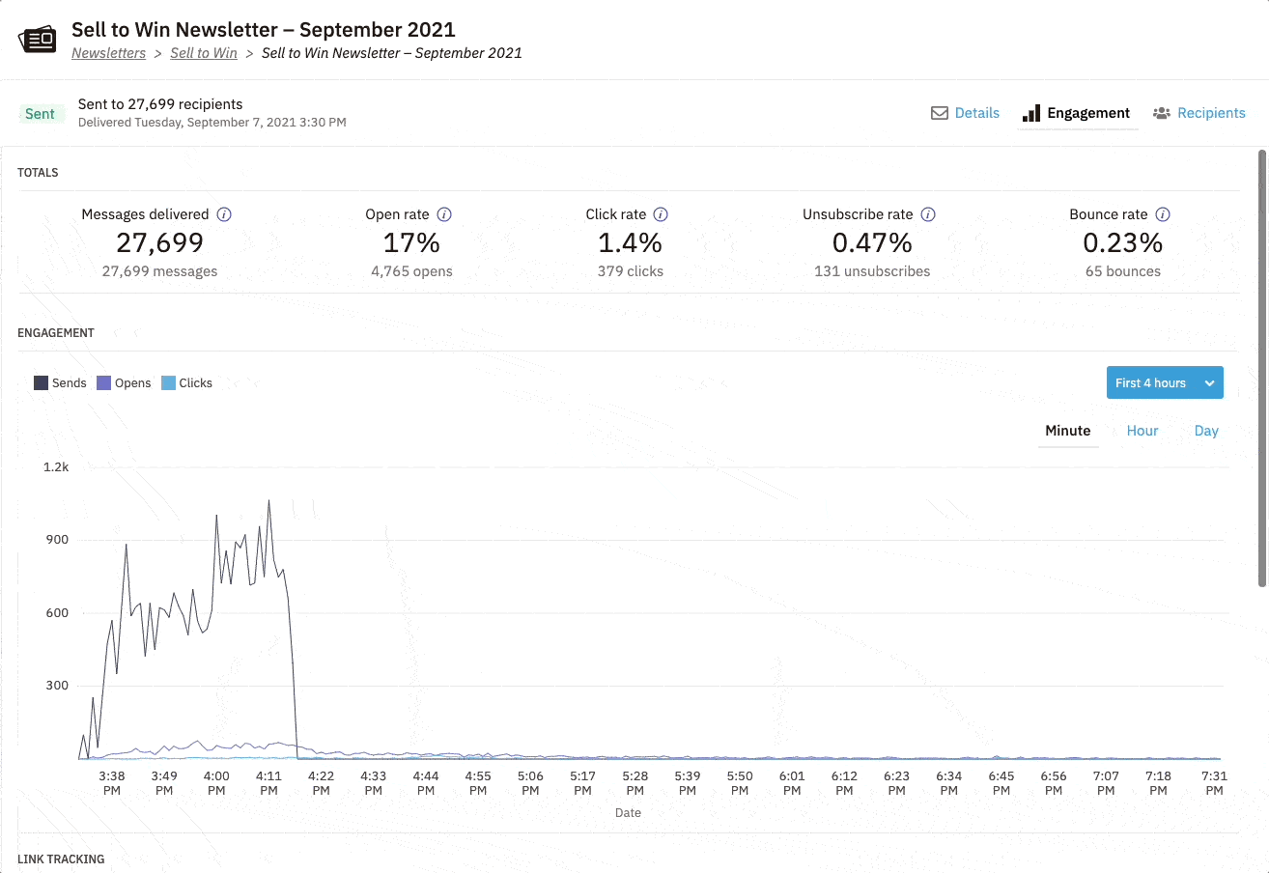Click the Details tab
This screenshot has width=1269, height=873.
[965, 113]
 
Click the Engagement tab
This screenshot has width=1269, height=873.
[1077, 113]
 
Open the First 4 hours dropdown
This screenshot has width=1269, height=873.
[1164, 382]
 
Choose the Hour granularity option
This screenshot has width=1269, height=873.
[1142, 431]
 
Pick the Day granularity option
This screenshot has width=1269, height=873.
[1205, 431]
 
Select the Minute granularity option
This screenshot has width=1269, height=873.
[1067, 431]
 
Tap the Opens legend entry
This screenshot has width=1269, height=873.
[124, 383]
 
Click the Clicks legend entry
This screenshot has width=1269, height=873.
[186, 383]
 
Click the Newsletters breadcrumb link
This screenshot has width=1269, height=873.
[108, 53]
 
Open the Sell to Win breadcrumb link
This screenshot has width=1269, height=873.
[203, 53]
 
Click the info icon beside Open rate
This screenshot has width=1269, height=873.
[444, 214]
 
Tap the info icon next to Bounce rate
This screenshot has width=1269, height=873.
[1163, 214]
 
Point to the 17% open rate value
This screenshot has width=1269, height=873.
[411, 242]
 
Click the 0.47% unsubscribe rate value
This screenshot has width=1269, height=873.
[871, 242]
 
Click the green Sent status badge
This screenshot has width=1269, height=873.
[40, 114]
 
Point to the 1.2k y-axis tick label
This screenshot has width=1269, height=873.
[55, 466]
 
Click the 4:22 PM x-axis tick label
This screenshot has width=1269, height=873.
[321, 782]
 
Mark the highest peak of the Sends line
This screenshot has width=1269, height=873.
[268, 500]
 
